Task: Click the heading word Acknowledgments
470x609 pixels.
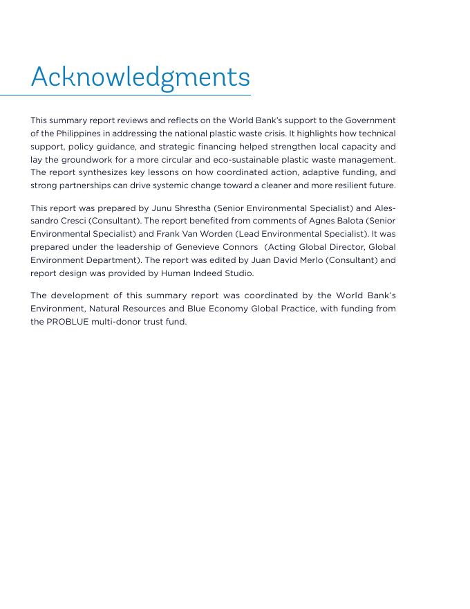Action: point(140,77)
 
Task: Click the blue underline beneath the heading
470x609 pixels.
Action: point(125,95)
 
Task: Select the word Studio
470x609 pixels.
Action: point(238,273)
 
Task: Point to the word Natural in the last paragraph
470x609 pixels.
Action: point(105,309)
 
